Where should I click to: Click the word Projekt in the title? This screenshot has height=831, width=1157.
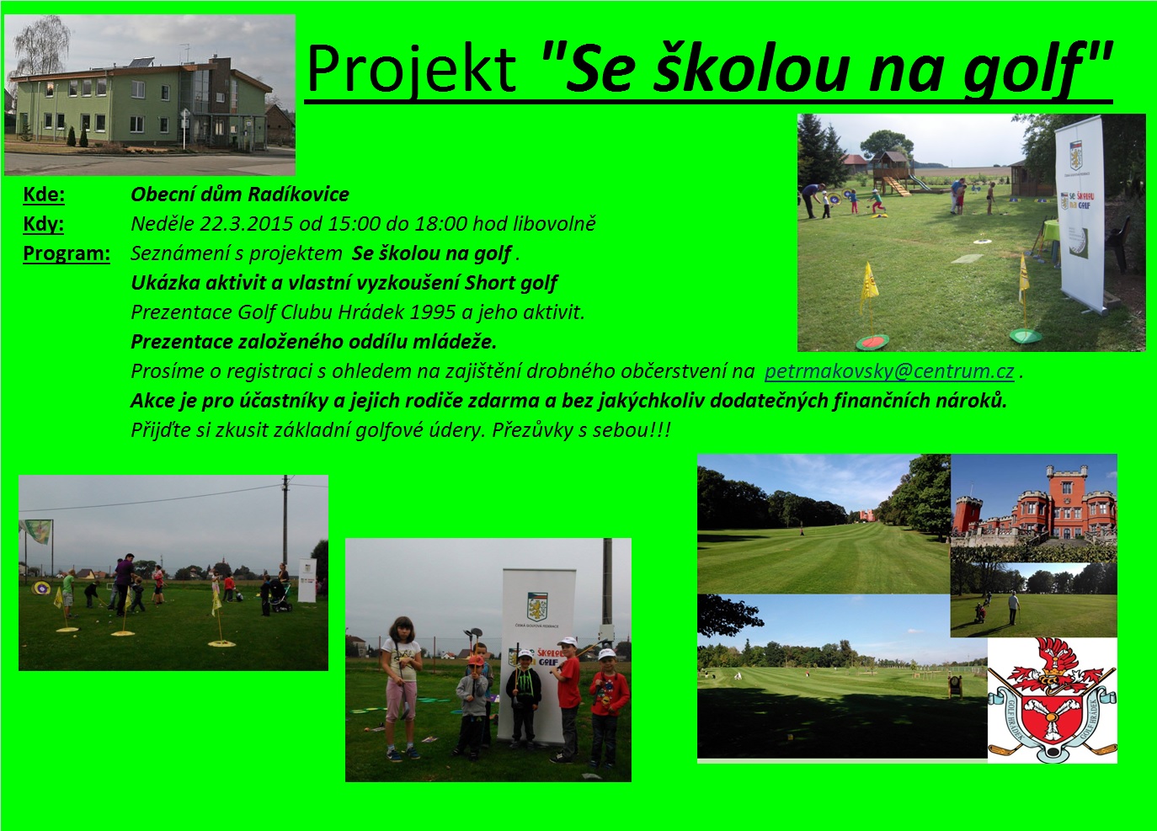click(411, 68)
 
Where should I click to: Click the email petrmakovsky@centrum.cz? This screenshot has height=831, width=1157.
click(889, 371)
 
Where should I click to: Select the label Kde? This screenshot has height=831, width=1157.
click(44, 194)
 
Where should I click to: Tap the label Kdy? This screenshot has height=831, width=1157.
click(44, 224)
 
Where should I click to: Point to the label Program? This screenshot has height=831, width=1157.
click(67, 253)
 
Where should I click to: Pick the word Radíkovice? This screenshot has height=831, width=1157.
click(299, 194)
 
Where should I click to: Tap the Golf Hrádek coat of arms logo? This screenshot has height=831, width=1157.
click(1052, 700)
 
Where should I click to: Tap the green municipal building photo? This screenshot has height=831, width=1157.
click(150, 95)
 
